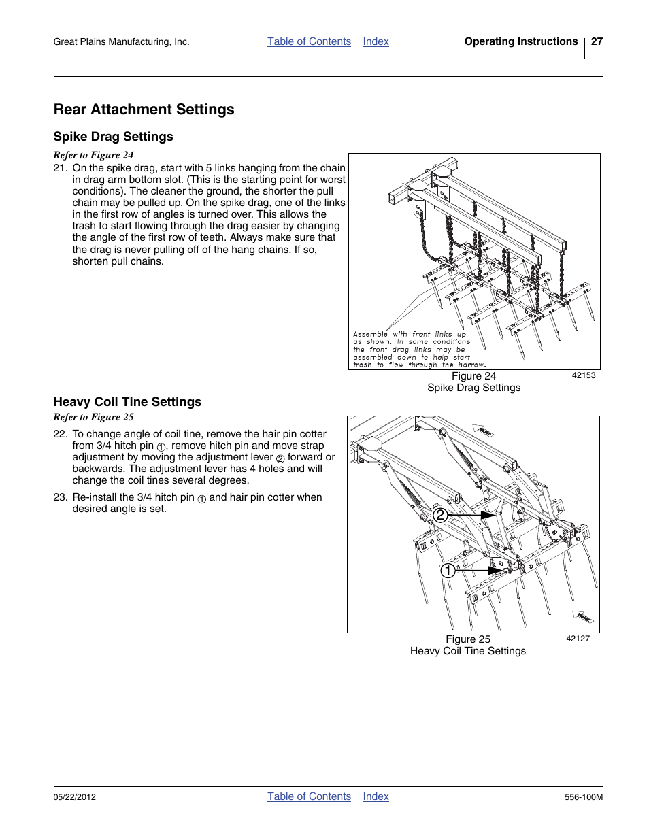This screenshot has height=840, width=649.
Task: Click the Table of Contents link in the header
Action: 309,41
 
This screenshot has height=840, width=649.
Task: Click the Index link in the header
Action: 376,41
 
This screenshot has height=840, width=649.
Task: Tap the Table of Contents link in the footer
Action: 309,796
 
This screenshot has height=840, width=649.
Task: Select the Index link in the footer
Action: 376,796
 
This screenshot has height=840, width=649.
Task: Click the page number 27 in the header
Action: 597,41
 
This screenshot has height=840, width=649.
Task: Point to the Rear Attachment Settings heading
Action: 144,110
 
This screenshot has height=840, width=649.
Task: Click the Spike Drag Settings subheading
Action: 113,137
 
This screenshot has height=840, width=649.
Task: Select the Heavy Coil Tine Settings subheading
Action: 127,402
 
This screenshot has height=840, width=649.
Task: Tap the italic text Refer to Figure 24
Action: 93,155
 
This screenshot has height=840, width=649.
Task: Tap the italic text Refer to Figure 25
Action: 93,417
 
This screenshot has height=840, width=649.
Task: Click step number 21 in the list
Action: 60,168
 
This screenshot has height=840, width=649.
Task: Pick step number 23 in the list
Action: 60,497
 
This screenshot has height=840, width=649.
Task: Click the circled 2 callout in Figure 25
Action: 441,515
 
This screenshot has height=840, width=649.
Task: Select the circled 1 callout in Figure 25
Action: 447,571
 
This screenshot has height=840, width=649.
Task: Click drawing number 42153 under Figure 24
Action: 583,375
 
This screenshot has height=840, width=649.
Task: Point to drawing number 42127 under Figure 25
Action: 578,639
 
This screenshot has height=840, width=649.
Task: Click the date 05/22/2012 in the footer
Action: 75,797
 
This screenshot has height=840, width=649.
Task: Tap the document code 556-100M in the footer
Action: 583,797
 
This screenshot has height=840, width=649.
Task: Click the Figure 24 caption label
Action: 473,376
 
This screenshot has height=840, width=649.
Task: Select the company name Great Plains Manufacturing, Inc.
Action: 121,42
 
